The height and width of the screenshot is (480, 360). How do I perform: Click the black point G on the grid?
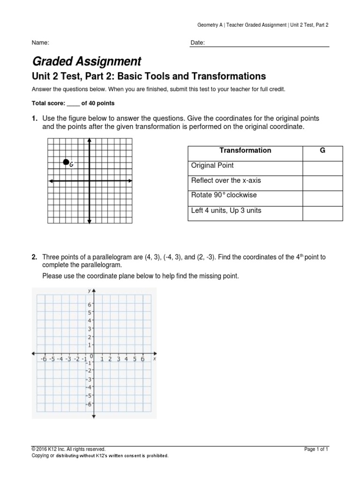[66, 162]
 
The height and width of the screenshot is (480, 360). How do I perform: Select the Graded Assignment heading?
[86, 61]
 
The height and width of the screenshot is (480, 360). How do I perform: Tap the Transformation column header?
[245, 150]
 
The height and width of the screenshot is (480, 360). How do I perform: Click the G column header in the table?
[322, 150]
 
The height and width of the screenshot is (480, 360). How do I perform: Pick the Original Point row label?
[212, 165]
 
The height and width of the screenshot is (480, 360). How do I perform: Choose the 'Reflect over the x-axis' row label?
[226, 180]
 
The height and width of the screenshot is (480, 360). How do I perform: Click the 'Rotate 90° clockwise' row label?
[224, 195]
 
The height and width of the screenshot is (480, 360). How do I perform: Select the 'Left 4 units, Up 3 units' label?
[226, 210]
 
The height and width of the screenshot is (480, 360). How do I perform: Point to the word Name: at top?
[40, 43]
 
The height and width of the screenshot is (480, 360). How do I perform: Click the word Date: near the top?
[198, 43]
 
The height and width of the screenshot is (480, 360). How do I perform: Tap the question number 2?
[34, 257]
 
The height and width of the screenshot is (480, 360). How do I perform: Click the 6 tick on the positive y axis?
[90, 305]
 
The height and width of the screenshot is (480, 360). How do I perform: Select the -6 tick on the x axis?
[44, 359]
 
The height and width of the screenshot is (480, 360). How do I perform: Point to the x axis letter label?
[154, 359]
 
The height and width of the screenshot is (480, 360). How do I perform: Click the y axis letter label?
[89, 291]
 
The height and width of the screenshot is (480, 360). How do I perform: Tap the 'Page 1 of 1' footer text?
[316, 449]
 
